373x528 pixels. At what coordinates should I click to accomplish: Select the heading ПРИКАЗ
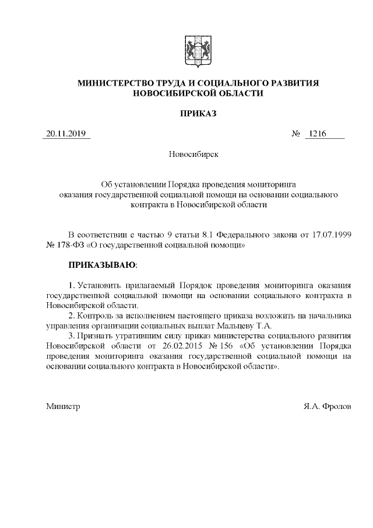198,114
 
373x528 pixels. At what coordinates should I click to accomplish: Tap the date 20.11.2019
66,134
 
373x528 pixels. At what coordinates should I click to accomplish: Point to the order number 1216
318,134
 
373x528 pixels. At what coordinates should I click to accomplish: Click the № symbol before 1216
295,134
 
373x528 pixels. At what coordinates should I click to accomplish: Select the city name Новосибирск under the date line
193,155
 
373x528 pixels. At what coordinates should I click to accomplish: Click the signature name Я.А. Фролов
328,405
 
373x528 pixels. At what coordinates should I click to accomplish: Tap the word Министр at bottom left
63,405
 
